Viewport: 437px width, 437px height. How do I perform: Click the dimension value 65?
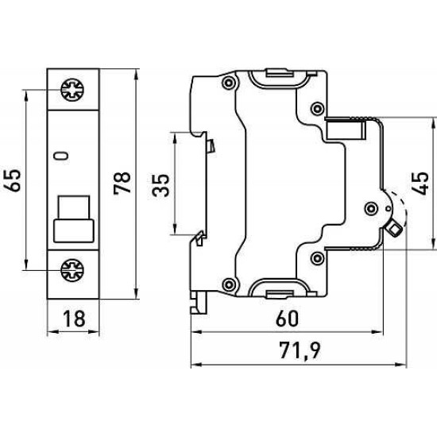12,180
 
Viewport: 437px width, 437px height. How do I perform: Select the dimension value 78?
122,183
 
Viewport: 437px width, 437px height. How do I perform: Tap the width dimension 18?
74,319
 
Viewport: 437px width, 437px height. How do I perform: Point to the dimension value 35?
160,185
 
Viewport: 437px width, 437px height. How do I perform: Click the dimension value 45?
420,184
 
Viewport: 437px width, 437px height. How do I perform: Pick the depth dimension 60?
287,319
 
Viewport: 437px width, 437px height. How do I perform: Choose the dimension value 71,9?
300,350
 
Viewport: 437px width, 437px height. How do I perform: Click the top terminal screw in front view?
72,90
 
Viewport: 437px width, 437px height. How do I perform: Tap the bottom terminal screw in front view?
72,270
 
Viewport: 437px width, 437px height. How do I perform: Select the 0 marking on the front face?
61,156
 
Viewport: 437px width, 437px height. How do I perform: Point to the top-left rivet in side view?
228,83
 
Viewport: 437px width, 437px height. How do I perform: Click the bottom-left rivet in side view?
228,284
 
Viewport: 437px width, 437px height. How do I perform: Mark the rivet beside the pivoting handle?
371,208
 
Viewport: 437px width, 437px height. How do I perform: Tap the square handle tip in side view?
394,230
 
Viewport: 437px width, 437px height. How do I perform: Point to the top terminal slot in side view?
280,74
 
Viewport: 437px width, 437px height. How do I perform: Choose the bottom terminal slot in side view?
280,294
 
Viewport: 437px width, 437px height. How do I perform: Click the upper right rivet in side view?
317,108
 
